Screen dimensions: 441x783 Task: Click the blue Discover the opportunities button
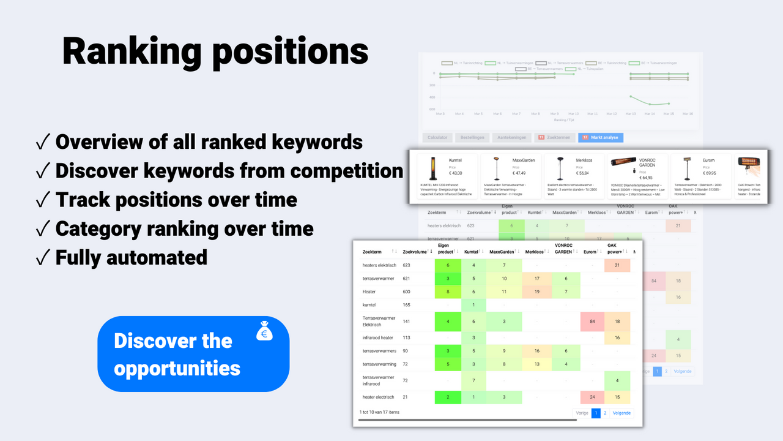tap(193, 354)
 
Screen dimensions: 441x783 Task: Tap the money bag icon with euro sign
tap(265, 331)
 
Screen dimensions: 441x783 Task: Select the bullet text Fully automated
tap(131, 257)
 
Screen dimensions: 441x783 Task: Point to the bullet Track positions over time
tap(176, 200)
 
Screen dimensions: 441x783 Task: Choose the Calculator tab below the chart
tap(437, 138)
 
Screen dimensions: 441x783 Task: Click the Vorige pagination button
tap(582, 413)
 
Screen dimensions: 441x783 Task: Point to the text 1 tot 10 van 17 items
tap(379, 412)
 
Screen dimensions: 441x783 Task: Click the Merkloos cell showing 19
tap(536, 292)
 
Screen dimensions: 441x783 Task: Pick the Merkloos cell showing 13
tap(536, 364)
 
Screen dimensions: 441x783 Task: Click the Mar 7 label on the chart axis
tap(516, 114)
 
